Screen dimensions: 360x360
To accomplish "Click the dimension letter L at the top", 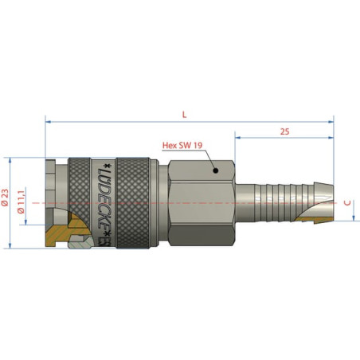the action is pyautogui.click(x=185, y=115).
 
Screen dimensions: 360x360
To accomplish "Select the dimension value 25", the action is pyautogui.click(x=284, y=131).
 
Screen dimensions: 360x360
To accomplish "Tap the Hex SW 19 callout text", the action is pyautogui.click(x=182, y=145).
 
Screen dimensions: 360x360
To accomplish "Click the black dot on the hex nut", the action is pyautogui.click(x=216, y=170).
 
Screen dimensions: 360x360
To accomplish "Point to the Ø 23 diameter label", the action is pyautogui.click(x=6, y=198).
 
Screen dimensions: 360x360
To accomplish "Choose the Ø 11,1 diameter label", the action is pyautogui.click(x=21, y=202).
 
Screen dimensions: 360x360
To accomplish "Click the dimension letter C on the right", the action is pyautogui.click(x=347, y=203).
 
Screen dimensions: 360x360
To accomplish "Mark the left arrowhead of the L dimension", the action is pyautogui.click(x=48, y=122).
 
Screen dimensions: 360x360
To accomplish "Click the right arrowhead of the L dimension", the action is pyautogui.click(x=331, y=122).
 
